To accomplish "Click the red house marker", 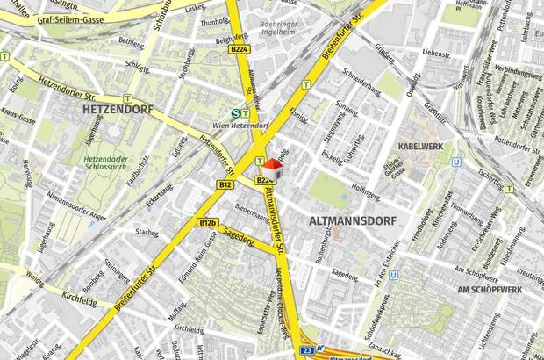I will point(273,166).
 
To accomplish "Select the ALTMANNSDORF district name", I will point(354,221).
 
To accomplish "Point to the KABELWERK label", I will point(420,146).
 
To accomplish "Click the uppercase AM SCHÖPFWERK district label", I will point(490,289).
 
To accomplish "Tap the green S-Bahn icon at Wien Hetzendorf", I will point(235,113).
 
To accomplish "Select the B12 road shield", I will point(225,185).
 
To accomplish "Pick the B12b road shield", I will point(207,223).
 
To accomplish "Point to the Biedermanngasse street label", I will point(253,214).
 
